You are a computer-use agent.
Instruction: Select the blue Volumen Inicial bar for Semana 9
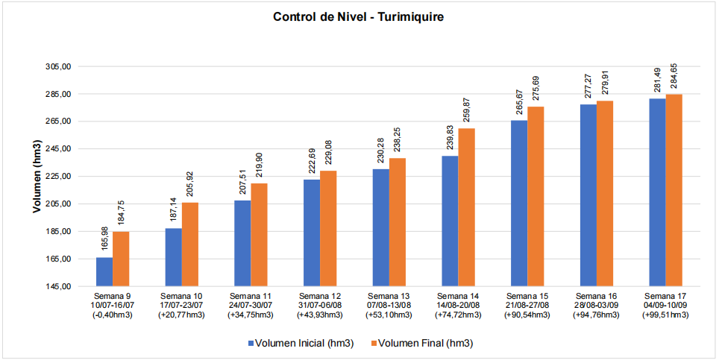(104, 272)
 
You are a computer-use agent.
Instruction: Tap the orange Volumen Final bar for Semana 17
(674, 190)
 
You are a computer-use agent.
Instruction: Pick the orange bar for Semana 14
(467, 207)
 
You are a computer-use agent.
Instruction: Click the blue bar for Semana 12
(312, 233)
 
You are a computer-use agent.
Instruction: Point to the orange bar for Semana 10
(190, 244)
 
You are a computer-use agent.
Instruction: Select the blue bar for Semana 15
(519, 203)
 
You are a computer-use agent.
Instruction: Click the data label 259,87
(467, 110)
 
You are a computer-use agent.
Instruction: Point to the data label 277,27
(588, 86)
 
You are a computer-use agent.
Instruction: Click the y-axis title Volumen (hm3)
(36, 177)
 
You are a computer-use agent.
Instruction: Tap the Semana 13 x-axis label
(389, 297)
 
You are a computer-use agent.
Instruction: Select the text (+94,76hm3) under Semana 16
(596, 315)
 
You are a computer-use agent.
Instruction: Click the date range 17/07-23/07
(182, 306)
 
